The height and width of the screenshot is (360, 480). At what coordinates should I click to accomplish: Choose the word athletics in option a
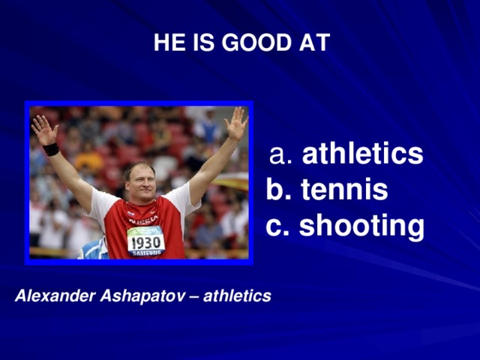362,155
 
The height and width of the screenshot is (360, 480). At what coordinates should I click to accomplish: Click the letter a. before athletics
283,155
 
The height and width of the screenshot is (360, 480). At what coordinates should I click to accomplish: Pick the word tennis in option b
344,190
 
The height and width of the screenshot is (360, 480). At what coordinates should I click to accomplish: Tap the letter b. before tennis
279,190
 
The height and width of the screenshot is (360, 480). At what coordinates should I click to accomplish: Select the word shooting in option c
361,226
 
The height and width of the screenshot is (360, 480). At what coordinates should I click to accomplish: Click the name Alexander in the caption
54,297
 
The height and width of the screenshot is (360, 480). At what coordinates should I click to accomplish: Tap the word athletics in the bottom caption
237,297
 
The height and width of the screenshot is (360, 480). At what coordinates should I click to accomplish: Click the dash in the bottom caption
193,298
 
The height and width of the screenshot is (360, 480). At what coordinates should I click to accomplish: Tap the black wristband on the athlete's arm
51,149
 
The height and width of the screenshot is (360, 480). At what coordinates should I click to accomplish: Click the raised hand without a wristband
235,124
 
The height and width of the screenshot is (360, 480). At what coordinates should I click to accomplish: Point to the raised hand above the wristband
43,130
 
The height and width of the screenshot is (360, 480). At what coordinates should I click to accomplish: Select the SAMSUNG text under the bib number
146,253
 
